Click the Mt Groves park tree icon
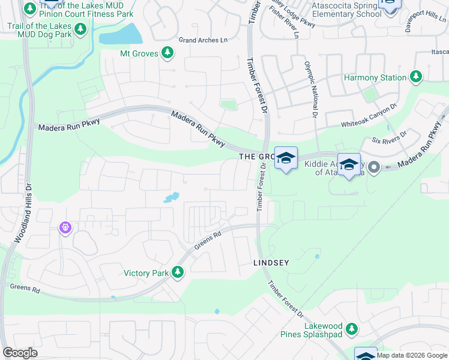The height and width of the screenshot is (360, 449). tap(168, 54)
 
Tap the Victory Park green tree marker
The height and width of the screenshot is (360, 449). tap(177, 273)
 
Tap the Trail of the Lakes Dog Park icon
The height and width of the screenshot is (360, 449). tap(81, 29)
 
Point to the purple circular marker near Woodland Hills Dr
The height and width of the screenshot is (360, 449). tap(65, 228)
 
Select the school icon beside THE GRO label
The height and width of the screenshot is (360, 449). tap(286, 158)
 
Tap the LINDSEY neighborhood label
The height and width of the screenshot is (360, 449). tap(271, 263)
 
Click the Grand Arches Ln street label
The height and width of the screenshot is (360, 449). tap(203, 40)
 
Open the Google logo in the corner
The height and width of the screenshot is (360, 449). tap(20, 353)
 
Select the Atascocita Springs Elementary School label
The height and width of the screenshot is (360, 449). tap(343, 10)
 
